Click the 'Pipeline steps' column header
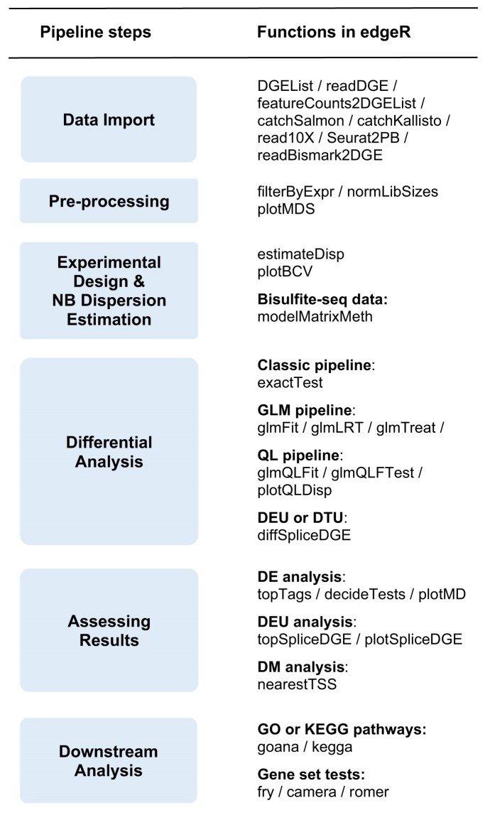pyautogui.click(x=96, y=32)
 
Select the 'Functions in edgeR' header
pyautogui.click(x=334, y=32)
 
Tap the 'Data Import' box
pyautogui.click(x=109, y=119)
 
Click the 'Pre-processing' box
pyautogui.click(x=109, y=201)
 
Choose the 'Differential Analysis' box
pyautogui.click(x=109, y=452)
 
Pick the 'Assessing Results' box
pyautogui.click(x=109, y=630)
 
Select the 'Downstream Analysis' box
pyautogui.click(x=109, y=761)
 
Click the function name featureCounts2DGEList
pyautogui.click(x=337, y=103)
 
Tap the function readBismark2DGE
pyautogui.click(x=320, y=156)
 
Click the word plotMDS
pyautogui.click(x=286, y=209)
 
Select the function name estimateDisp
pyautogui.click(x=300, y=254)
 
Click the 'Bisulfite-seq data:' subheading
pyautogui.click(x=322, y=299)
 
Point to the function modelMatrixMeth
pyautogui.click(x=315, y=316)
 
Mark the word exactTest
pyautogui.click(x=290, y=382)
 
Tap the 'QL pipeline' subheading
pyautogui.click(x=298, y=455)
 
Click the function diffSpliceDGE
pyautogui.click(x=304, y=535)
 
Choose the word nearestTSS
pyautogui.click(x=297, y=684)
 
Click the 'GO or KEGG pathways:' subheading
pyautogui.click(x=342, y=729)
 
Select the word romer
pyautogui.click(x=369, y=792)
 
